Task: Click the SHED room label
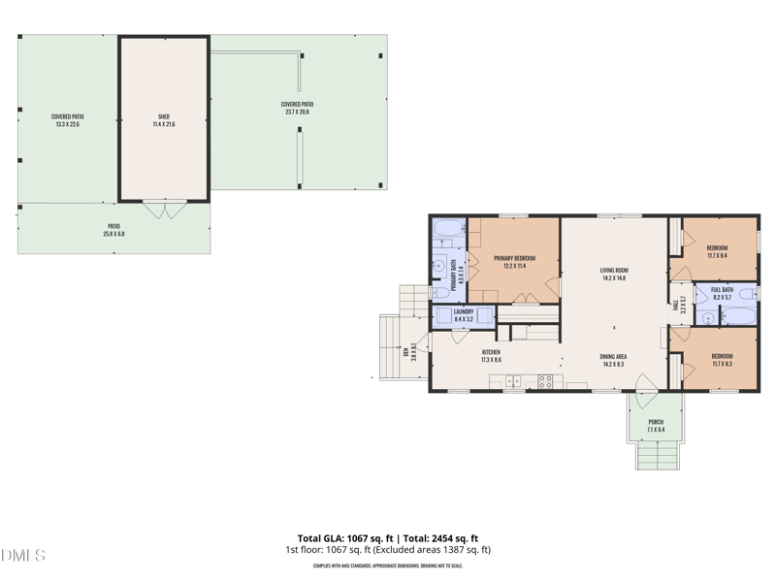(163, 120)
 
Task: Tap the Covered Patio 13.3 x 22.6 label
(67, 120)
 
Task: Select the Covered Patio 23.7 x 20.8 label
(297, 108)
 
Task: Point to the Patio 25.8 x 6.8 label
(113, 230)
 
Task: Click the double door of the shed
(163, 208)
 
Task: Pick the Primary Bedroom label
(514, 262)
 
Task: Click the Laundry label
(463, 314)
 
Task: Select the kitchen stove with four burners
(545, 381)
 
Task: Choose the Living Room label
(614, 275)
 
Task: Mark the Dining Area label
(613, 360)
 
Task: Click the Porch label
(656, 425)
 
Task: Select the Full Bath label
(722, 292)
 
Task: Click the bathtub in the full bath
(740, 316)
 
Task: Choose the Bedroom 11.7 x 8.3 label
(722, 360)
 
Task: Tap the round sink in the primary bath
(438, 264)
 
